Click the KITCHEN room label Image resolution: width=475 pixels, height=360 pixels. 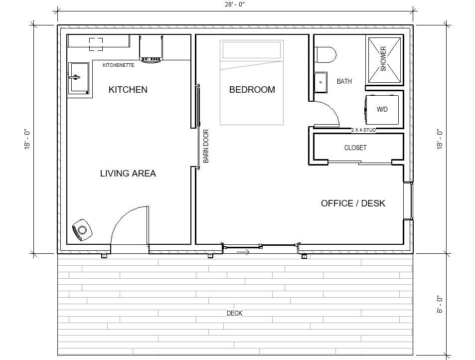point(128,90)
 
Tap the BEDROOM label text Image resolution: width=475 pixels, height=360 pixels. point(252,90)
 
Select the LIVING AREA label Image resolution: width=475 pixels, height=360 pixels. point(128,174)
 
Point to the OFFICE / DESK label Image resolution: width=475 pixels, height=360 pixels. point(353,203)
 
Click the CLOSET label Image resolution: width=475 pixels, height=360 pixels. point(355,148)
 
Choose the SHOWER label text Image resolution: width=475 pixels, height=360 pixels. point(384,59)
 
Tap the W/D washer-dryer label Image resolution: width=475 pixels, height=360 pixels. point(382,109)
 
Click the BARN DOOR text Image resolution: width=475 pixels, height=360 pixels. point(206,146)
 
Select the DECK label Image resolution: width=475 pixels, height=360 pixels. point(234,313)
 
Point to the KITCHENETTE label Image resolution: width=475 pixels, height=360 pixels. point(118,65)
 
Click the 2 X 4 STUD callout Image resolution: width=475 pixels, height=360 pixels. point(363,130)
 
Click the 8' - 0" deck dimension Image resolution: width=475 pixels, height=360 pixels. point(439,304)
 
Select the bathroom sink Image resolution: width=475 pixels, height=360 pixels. point(320,82)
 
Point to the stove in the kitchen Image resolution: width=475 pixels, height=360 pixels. point(151,48)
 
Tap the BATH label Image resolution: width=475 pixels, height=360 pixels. point(344,81)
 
